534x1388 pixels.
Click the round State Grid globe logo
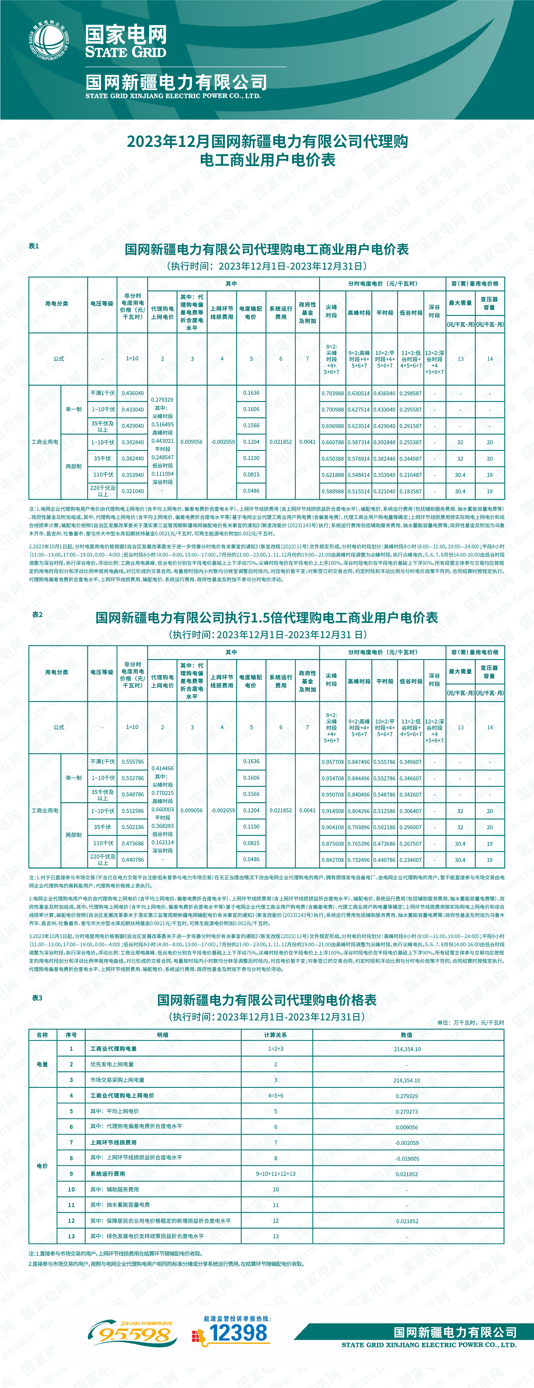click(x=48, y=40)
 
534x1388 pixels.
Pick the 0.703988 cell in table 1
click(x=332, y=393)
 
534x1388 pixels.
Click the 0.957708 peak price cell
click(x=332, y=762)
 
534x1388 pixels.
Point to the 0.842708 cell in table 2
click(x=332, y=860)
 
